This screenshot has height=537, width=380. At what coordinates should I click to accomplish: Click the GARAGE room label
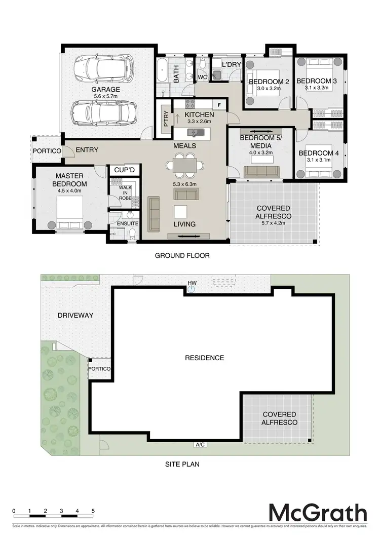(x=104, y=89)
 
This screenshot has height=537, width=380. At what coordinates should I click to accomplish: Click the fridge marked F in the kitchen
(x=219, y=105)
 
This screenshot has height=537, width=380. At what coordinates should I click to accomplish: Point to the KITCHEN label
(x=200, y=115)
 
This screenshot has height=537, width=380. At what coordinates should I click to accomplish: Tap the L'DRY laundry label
(x=232, y=65)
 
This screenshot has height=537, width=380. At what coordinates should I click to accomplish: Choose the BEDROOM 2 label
(x=268, y=82)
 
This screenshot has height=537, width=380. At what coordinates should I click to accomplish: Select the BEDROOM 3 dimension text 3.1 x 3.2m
(x=317, y=88)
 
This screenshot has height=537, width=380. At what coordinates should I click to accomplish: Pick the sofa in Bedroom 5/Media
(x=263, y=172)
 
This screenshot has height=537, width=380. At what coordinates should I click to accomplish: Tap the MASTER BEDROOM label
(x=69, y=180)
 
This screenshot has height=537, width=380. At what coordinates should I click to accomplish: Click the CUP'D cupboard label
(x=124, y=170)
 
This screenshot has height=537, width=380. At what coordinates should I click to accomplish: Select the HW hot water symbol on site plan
(x=192, y=289)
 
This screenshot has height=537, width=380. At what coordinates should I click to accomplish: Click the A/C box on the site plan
(x=200, y=445)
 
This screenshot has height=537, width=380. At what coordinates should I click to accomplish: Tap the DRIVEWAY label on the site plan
(x=75, y=315)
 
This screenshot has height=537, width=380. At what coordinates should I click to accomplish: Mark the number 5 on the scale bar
(x=93, y=511)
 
